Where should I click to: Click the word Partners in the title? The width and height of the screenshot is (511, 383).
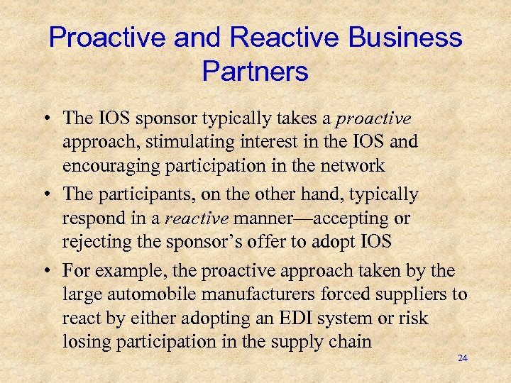[255, 72]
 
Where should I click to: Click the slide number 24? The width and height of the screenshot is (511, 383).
[463, 358]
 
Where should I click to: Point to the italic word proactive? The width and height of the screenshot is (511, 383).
[373, 117]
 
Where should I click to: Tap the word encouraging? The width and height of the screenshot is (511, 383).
[109, 166]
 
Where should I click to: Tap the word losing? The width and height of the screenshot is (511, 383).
[84, 342]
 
